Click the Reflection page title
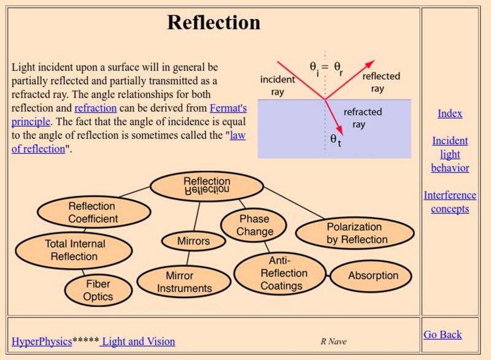(x=214, y=23)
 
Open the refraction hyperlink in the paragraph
(x=95, y=109)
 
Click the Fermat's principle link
(x=228, y=109)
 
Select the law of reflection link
(x=238, y=136)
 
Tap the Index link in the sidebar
(x=450, y=113)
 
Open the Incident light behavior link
(x=450, y=154)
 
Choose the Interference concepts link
(x=450, y=202)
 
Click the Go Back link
(x=443, y=334)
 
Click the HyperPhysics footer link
(x=42, y=342)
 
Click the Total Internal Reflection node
(x=74, y=250)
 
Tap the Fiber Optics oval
(x=98, y=290)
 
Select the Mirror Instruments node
(x=184, y=282)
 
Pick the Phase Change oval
(x=255, y=225)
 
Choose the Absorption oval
(x=373, y=275)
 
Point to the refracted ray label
(x=362, y=118)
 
